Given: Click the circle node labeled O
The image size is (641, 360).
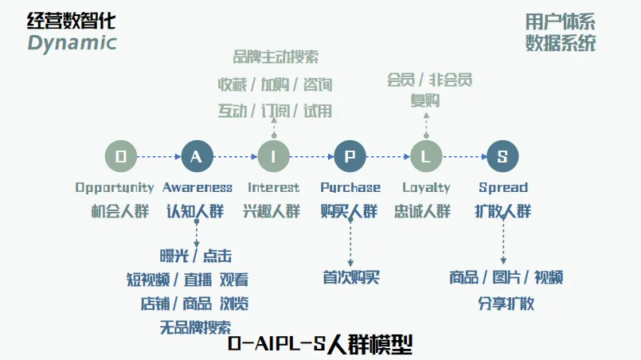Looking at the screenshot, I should click(121, 157).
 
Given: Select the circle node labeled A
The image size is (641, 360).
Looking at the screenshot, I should click(197, 157).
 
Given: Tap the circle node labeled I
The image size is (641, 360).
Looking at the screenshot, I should click(274, 157).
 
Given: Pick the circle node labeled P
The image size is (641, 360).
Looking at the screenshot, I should click(350, 157).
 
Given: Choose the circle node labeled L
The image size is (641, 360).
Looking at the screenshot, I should click(426, 157).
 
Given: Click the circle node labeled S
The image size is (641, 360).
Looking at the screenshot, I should click(502, 157).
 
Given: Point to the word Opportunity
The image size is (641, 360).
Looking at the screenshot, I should click(115, 188).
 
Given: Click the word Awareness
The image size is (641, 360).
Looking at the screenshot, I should click(197, 188).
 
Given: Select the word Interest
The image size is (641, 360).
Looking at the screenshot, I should click(274, 188).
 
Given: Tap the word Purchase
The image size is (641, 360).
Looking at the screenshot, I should click(350, 188).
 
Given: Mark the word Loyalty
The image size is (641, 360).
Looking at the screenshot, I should click(426, 188).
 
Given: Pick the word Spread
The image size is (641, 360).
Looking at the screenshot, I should click(503, 188).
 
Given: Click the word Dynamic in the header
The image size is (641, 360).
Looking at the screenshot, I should click(72, 43).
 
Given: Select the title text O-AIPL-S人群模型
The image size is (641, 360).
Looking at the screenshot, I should click(320, 345).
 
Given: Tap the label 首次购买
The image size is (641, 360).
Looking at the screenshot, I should click(351, 278).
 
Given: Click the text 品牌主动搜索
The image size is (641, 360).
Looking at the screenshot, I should click(276, 57).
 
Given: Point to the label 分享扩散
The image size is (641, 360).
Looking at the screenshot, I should click(506, 303).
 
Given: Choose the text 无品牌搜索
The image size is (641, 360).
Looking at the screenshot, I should click(196, 327).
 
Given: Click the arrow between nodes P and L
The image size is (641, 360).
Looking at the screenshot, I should click(388, 157).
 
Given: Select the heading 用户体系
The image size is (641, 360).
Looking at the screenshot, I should click(560, 22).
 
